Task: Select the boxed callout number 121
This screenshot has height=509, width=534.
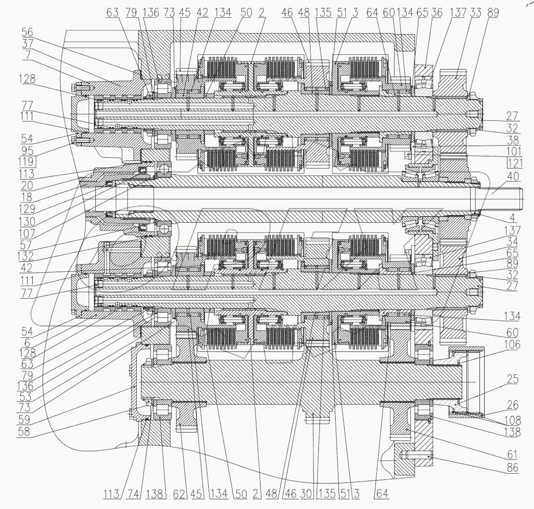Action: coord(514,163)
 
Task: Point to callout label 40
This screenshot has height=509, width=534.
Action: coord(513,177)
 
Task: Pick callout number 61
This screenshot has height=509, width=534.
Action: coord(512,454)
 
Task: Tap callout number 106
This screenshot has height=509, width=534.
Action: coord(512,345)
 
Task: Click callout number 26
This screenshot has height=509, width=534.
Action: coord(512,406)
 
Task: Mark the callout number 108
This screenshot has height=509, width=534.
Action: coord(513,420)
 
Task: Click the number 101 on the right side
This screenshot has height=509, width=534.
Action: coord(513,151)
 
